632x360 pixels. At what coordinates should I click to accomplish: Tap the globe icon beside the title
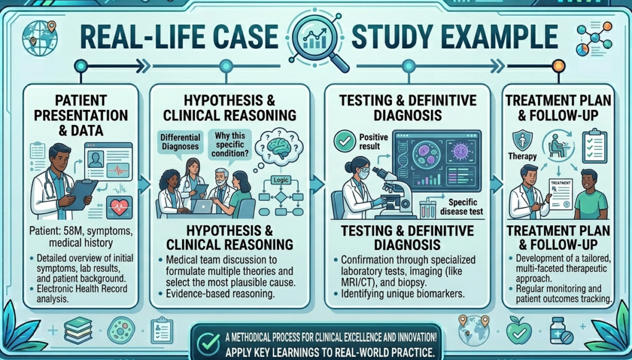coord(39,38)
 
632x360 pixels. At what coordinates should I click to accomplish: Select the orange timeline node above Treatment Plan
coord(558,65)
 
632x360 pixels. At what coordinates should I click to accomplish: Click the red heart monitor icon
coord(119,208)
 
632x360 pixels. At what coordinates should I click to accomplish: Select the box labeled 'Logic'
coord(281,180)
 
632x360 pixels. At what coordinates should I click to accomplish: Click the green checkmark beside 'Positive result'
coord(344,141)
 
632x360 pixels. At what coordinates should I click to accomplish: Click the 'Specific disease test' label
coord(461,206)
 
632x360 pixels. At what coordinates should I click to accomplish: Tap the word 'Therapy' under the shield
coord(522,156)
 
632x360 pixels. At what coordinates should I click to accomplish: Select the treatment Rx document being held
coord(560,194)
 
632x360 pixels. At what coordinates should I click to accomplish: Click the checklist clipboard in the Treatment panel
coord(594,145)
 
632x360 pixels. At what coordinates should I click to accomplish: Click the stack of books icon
coord(78,330)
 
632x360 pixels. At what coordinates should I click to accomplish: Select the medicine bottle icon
coord(560,330)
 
